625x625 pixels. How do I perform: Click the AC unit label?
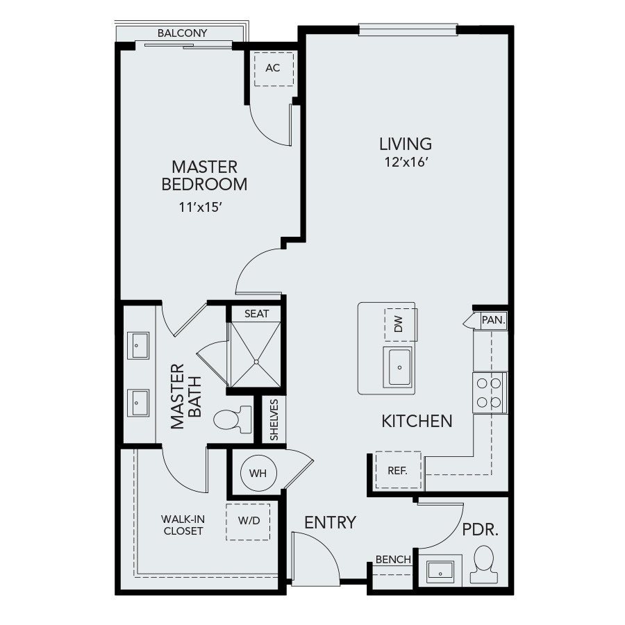click(x=273, y=68)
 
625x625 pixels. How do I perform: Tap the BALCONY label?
click(x=182, y=33)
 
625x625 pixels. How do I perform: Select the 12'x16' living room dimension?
click(x=406, y=162)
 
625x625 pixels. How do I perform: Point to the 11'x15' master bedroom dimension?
click(x=200, y=207)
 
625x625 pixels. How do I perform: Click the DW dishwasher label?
click(x=399, y=324)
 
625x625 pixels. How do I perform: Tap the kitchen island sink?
click(x=399, y=367)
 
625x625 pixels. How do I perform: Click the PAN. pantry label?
click(x=494, y=319)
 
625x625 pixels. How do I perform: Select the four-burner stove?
click(x=490, y=392)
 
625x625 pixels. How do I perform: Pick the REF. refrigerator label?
click(x=397, y=471)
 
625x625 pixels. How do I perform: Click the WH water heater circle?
click(x=259, y=473)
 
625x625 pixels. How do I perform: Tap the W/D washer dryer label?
click(x=249, y=520)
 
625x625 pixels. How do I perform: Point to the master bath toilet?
click(x=233, y=419)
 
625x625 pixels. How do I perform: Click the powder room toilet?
click(x=484, y=565)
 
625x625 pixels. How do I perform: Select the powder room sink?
click(x=440, y=572)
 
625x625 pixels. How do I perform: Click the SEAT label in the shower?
click(x=257, y=314)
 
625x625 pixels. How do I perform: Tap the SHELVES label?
click(x=274, y=419)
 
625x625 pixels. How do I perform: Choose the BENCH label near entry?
click(x=393, y=560)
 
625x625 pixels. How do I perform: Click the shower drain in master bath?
click(x=256, y=362)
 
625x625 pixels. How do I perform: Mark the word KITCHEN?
click(x=417, y=422)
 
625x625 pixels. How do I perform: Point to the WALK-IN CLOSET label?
click(x=183, y=525)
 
